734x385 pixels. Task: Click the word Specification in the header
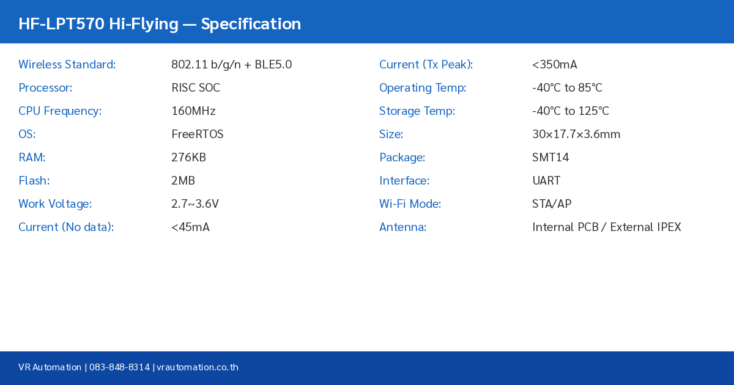[x=251, y=24]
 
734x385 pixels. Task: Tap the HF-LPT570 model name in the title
[x=61, y=24]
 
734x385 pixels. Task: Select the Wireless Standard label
[x=67, y=65]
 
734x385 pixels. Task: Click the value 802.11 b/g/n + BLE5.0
[x=231, y=65]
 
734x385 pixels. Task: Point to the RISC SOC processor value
[x=196, y=88]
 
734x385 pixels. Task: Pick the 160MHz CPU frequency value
[x=193, y=111]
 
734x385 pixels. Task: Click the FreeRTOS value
[x=198, y=134]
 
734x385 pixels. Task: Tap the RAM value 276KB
[x=188, y=158]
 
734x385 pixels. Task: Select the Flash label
[x=34, y=181]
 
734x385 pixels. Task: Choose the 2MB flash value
[x=183, y=181]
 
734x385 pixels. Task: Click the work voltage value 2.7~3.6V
[x=195, y=204]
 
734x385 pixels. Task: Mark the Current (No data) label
[x=66, y=227]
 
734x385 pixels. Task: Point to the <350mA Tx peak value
[x=555, y=65]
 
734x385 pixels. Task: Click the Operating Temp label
[x=423, y=88]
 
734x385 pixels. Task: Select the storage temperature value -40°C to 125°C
[x=571, y=111]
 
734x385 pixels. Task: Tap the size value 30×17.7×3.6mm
[x=576, y=134]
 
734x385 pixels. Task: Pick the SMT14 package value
[x=550, y=158]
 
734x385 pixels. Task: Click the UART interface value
[x=546, y=181]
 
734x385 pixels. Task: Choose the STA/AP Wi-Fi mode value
[x=552, y=204]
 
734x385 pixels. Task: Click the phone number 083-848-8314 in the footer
[x=119, y=367]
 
